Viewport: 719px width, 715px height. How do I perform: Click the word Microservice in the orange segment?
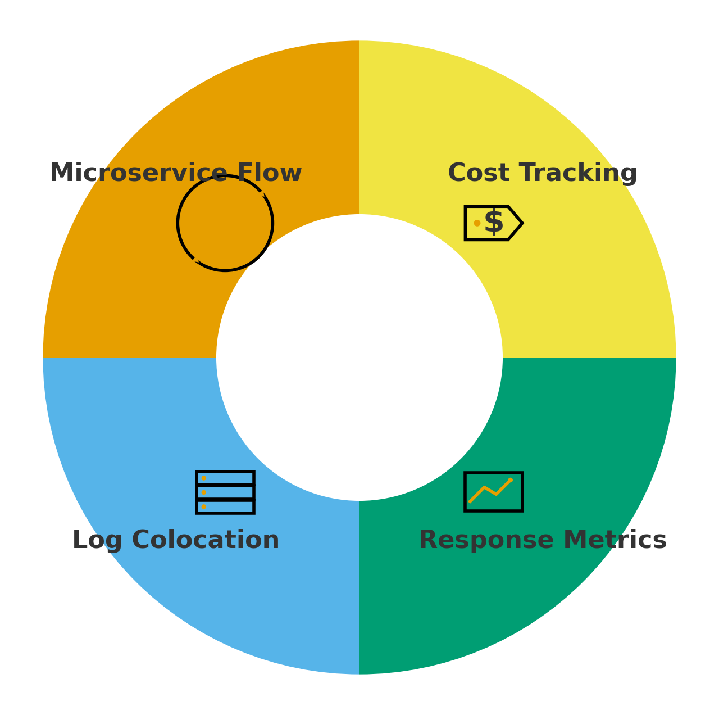[139, 173]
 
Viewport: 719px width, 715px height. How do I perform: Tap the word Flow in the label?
[269, 173]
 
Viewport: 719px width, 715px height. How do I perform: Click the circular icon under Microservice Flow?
[225, 223]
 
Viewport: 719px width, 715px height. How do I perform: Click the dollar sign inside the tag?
[494, 223]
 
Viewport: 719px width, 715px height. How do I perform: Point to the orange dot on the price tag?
[477, 223]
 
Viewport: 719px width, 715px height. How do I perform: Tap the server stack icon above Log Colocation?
[225, 492]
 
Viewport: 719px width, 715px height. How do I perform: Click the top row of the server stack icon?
[225, 478]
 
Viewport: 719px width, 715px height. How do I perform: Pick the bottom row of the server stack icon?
[225, 507]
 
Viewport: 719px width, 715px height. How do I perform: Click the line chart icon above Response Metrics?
[494, 492]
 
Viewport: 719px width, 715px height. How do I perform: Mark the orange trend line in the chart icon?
[490, 490]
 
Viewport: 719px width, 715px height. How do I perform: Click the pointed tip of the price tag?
[521, 223]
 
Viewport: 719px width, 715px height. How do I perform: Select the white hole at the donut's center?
[359, 357]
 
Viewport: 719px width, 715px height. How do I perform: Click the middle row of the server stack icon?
[225, 492]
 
